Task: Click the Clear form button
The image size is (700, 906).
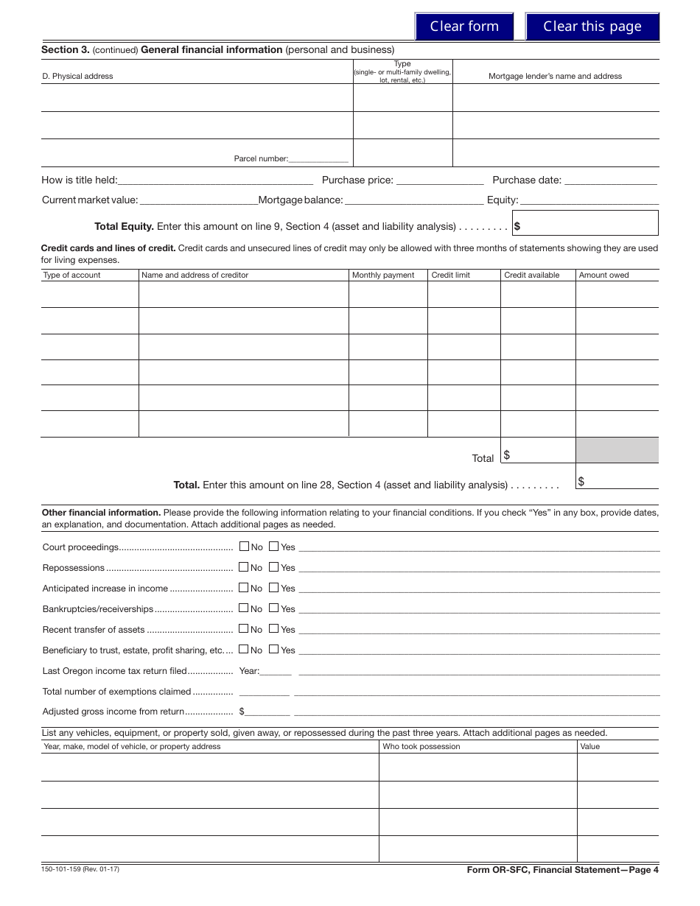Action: coord(464,27)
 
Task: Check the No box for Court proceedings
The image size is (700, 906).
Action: coord(244,547)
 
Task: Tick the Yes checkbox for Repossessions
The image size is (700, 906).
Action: coord(273,567)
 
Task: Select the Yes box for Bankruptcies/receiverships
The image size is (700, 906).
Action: coord(273,608)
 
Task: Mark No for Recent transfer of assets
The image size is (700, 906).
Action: coord(244,629)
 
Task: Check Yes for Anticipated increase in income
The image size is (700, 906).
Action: coord(273,588)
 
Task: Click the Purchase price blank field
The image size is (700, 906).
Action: coord(440,180)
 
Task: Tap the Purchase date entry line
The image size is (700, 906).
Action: coord(611,180)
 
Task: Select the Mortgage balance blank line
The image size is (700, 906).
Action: coord(414,200)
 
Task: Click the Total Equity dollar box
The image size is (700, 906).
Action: coord(586,223)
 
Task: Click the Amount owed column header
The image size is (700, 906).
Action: coord(603,275)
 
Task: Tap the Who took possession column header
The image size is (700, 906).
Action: coord(421,746)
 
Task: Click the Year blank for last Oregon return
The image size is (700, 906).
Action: coord(276,671)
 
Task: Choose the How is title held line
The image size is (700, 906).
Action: coord(215,180)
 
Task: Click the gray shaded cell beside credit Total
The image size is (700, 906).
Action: coord(617,450)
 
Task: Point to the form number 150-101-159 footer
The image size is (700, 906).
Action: coord(80,869)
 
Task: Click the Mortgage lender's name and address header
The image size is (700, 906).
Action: coord(555,76)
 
